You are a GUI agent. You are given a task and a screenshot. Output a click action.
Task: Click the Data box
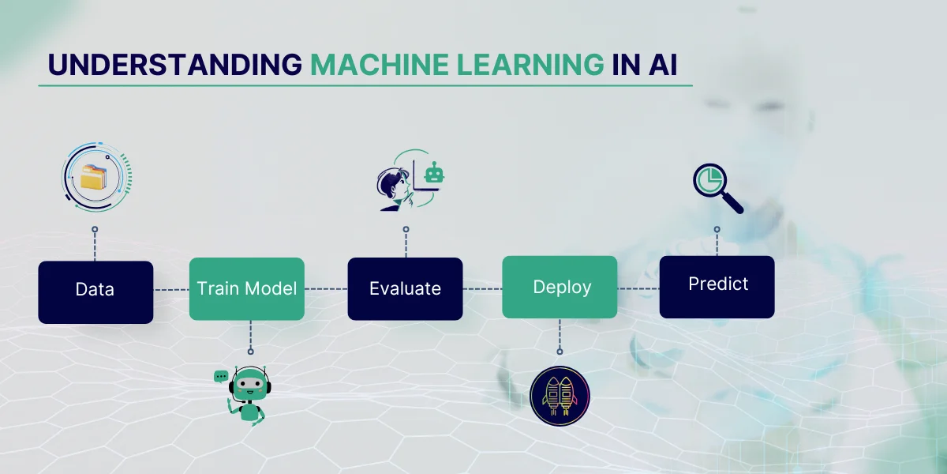(95, 292)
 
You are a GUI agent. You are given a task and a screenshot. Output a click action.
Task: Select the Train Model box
(246, 288)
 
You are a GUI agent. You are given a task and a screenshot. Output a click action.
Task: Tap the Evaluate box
(405, 288)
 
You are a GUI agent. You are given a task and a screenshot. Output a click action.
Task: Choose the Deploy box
(560, 288)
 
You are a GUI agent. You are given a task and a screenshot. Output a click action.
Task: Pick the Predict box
(717, 284)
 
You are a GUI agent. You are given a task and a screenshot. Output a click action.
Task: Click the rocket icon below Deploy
(559, 393)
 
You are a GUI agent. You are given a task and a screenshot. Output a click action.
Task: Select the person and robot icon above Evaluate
(406, 181)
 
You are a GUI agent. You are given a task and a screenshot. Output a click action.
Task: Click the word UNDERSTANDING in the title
(174, 65)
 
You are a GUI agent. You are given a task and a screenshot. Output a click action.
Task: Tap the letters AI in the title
(664, 65)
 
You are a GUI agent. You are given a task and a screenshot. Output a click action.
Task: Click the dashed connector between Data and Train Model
(171, 290)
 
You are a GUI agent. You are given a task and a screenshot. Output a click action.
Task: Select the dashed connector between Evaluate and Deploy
(482, 288)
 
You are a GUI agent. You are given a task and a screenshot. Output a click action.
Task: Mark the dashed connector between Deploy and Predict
(638, 288)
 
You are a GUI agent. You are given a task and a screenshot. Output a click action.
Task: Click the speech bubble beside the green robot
(221, 376)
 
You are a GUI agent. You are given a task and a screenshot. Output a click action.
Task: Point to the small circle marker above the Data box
(95, 229)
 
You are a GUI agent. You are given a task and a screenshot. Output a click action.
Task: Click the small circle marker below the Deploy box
(560, 351)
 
